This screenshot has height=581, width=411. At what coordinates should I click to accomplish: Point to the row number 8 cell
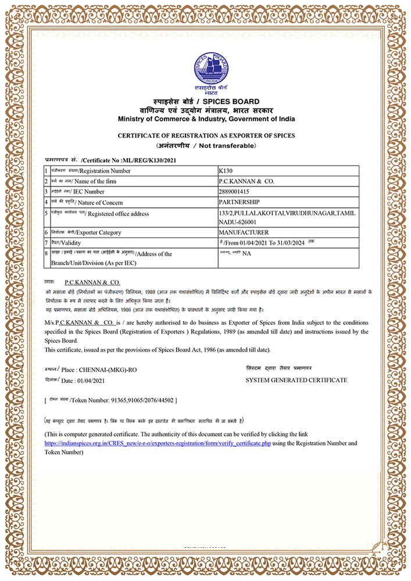[x=46, y=253]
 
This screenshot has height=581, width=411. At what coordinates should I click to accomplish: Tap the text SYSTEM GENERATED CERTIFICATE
[x=296, y=380]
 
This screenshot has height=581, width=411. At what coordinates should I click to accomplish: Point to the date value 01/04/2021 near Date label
[x=91, y=381]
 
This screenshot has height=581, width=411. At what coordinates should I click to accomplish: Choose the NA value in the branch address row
[x=246, y=253]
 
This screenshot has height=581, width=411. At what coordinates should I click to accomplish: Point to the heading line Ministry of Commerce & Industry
[x=206, y=119]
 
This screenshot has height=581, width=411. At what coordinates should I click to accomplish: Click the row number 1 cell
[x=46, y=171]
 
